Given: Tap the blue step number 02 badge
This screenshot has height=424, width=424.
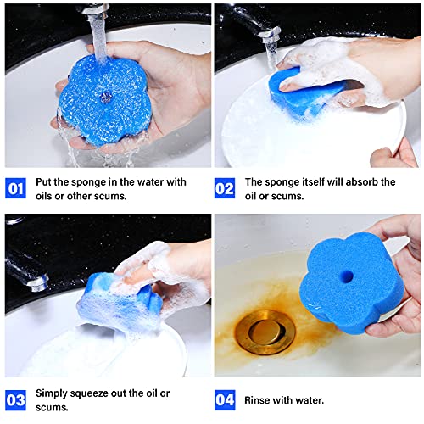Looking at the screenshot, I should pyautogui.click(x=225, y=187).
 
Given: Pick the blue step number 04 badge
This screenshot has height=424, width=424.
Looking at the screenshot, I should pyautogui.click(x=225, y=399).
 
